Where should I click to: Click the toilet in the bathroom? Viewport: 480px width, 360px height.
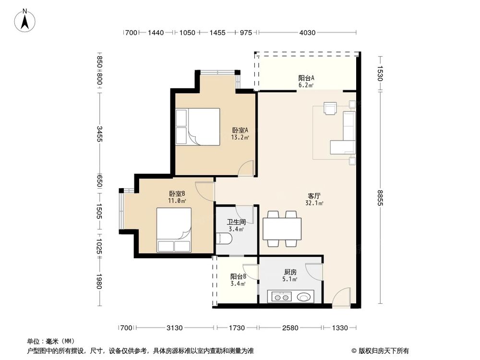(x=224, y=238)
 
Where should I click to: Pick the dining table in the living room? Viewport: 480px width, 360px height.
(x=282, y=229)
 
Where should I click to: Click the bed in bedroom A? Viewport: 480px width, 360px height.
(x=198, y=126)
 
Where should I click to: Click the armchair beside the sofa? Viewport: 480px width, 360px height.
(x=331, y=108)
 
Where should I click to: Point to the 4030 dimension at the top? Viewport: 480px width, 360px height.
(x=307, y=33)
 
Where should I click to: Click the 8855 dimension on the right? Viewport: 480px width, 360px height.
(x=381, y=197)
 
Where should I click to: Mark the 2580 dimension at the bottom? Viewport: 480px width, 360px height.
(x=290, y=328)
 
